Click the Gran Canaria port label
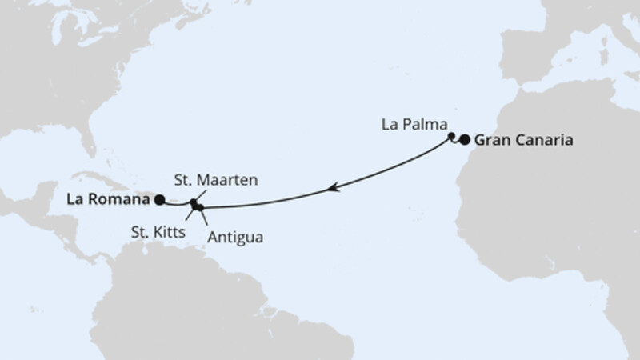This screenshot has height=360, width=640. click(524, 140)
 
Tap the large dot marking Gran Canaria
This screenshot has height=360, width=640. click(465, 141)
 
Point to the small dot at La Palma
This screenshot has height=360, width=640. click(452, 136)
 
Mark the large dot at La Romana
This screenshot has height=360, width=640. click(160, 200)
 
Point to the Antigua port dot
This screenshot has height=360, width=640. click(201, 208)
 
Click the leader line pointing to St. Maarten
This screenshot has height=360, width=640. click(200, 195)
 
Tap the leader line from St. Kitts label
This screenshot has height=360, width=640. click(190, 216)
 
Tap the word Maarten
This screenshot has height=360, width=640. click(235, 181)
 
